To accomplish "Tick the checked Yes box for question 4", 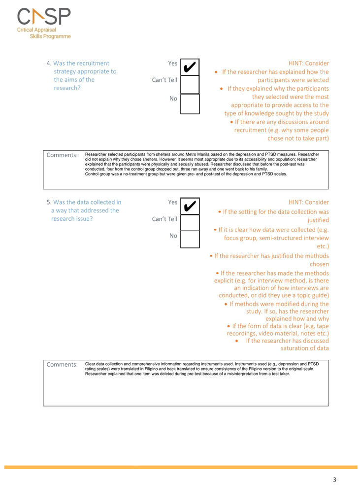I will [x=190, y=67].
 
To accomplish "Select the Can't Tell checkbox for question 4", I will [x=190, y=85].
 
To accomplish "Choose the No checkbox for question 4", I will [x=190, y=104].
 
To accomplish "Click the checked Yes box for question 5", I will [x=190, y=206].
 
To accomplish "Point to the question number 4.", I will [x=48, y=63].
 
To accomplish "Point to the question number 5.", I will [x=48, y=202].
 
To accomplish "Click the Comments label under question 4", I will [x=62, y=155].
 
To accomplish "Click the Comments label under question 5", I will [x=62, y=364].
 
